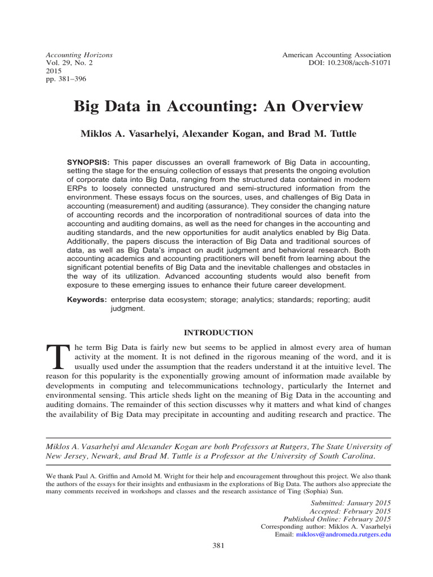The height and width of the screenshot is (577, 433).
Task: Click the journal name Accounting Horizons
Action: coord(78,55)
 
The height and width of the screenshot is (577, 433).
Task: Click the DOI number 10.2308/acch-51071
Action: coord(347,64)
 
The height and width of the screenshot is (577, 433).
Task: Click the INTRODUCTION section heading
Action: coord(218,333)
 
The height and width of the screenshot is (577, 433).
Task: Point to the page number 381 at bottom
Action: coord(218,545)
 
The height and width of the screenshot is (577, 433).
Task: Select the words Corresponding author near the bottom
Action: coord(290,526)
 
